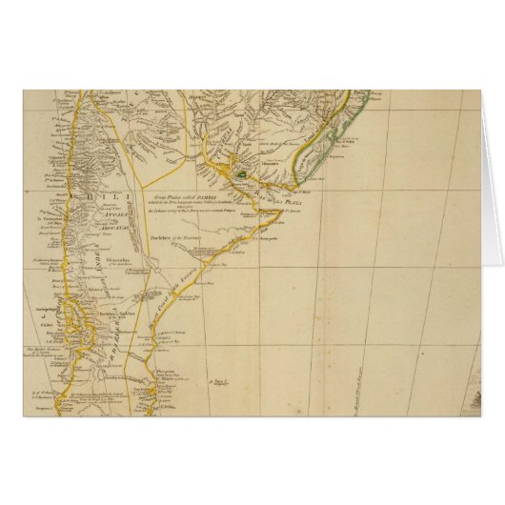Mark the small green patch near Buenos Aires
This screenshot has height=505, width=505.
coord(242,175)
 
